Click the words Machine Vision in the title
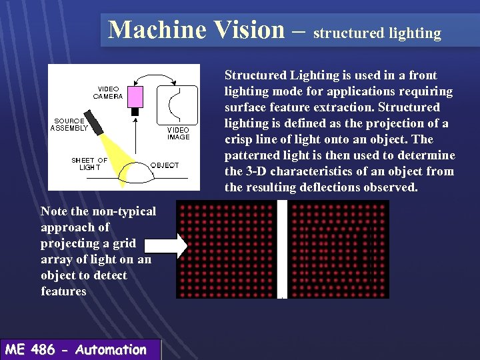tap(196, 30)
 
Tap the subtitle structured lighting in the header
tap(377, 33)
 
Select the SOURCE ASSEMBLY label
tap(69, 125)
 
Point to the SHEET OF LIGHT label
tap(89, 164)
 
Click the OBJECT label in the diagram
tap(164, 165)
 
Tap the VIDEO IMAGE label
tap(178, 133)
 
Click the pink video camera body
tap(137, 97)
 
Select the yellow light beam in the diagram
tap(116, 150)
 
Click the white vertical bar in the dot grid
tap(282, 249)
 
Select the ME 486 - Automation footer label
tap(75, 350)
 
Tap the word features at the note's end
tap(63, 291)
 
